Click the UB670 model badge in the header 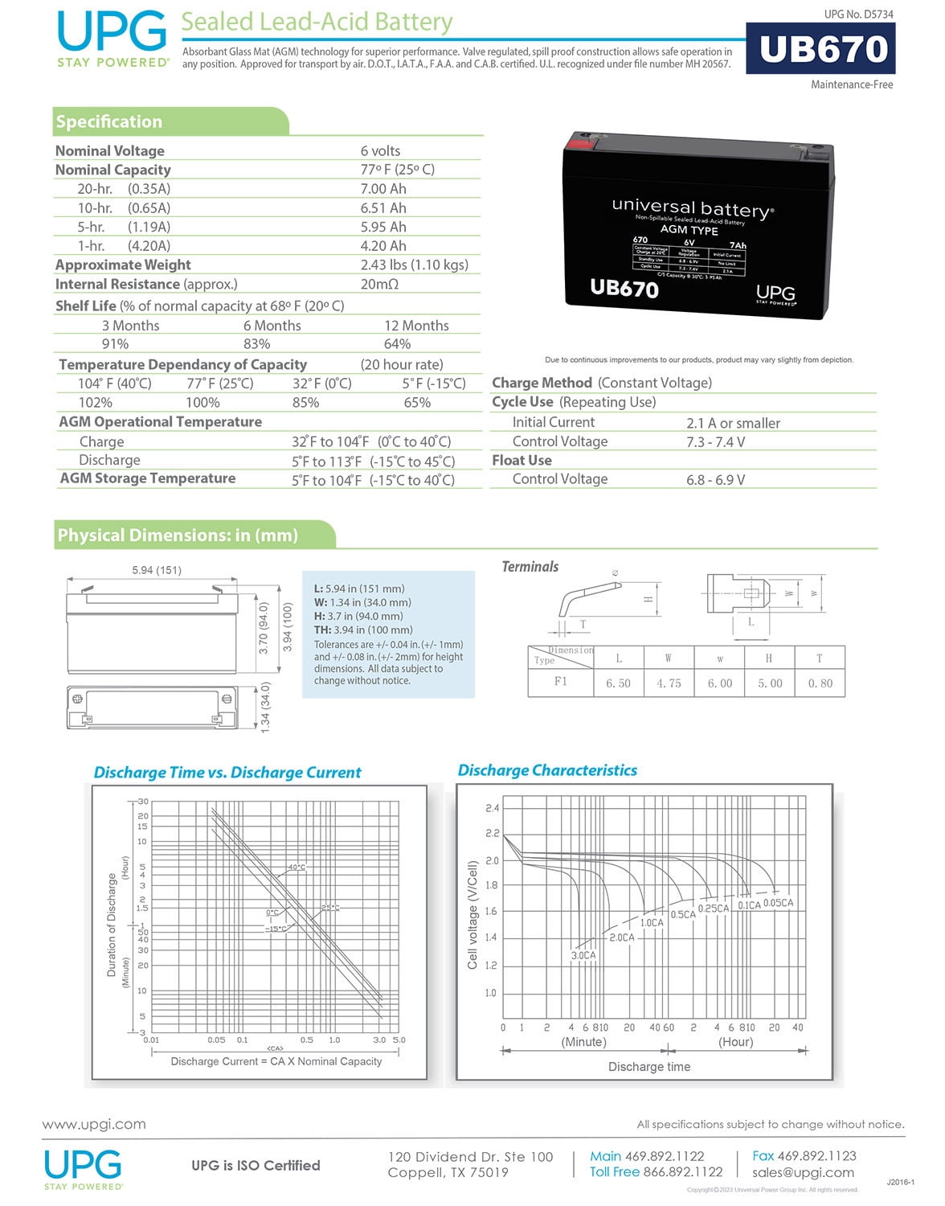point(821,49)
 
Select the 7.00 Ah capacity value point(383,189)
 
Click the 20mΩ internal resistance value point(379,285)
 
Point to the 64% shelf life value point(397,344)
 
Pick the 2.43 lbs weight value point(414,265)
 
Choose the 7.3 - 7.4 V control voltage point(715,442)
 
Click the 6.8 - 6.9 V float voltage point(715,480)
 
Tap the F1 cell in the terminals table point(561,682)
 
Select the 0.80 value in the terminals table point(820,683)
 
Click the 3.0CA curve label point(583,955)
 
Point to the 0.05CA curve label point(778,903)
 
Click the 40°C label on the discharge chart point(297,868)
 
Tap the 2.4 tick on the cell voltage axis point(492,808)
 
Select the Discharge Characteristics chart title point(547,770)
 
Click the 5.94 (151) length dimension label point(157,570)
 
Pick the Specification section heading point(109,122)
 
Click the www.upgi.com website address point(94,1124)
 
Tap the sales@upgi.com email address point(803,1172)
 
